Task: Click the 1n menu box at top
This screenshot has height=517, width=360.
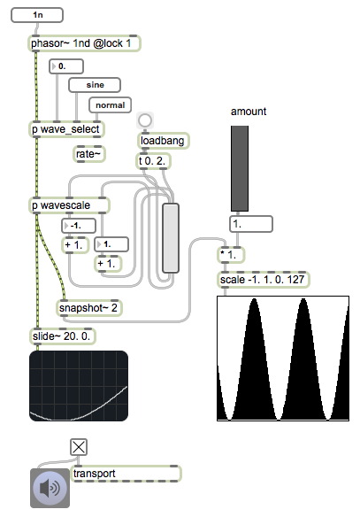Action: pos(37,15)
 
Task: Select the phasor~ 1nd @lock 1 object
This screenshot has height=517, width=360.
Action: pos(84,43)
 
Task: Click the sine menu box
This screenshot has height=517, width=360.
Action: pos(95,85)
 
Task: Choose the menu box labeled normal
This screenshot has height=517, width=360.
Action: pos(110,105)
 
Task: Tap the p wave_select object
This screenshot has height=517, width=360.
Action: pos(66,129)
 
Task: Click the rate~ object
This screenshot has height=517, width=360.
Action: pos(89,154)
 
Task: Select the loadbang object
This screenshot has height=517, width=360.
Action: pos(163,141)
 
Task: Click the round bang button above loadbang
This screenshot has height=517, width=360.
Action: pos(144,120)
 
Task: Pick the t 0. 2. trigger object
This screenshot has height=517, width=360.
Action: pos(154,161)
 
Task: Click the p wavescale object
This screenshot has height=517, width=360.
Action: pos(69,205)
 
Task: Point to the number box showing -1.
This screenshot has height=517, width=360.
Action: pos(79,226)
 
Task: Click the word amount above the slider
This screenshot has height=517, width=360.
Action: pos(249,112)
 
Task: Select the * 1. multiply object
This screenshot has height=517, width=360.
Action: pos(231,255)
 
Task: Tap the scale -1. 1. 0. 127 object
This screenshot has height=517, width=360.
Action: pos(264,280)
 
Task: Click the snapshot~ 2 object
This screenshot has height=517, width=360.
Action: pos(89,308)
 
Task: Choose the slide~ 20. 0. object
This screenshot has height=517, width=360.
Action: pos(63,336)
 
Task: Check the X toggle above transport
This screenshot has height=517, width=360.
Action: pos(79,447)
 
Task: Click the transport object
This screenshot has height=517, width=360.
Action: pos(126,474)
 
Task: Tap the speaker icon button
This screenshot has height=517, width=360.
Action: pos(50,488)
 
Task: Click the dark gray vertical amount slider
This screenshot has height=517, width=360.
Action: pos(240,168)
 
